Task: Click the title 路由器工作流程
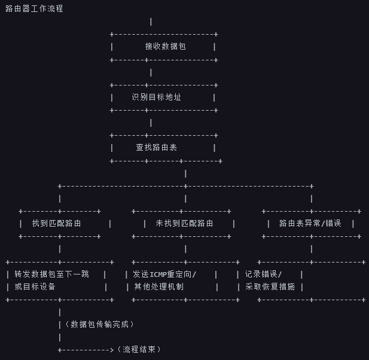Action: (34, 9)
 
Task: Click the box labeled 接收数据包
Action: (165, 46)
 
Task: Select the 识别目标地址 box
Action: (157, 97)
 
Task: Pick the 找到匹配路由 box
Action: (57, 224)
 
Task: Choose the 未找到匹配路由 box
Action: (184, 224)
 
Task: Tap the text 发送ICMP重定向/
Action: (164, 274)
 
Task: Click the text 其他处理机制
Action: (158, 287)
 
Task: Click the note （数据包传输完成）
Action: (99, 325)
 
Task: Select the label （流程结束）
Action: (139, 350)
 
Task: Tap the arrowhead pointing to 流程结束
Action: (111, 350)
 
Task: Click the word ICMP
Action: (159, 274)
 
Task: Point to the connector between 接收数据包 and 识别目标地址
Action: (151, 72)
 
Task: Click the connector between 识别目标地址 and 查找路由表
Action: (151, 123)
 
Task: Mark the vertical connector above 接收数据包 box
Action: (151, 22)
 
